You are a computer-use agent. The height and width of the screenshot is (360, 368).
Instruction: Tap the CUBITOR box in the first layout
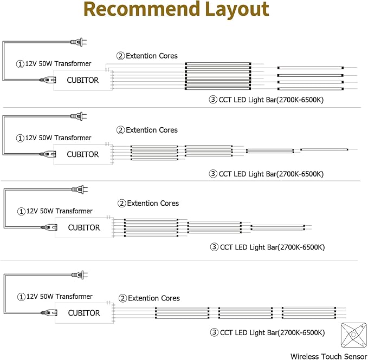pyautogui.click(x=83, y=80)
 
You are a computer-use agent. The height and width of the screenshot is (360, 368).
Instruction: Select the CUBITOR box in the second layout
pyautogui.click(x=83, y=154)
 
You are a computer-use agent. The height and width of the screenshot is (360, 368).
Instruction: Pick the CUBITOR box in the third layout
pyautogui.click(x=84, y=228)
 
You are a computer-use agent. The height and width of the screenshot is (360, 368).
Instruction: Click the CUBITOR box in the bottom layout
pyautogui.click(x=84, y=313)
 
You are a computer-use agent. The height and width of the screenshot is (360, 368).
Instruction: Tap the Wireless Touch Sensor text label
pyautogui.click(x=328, y=356)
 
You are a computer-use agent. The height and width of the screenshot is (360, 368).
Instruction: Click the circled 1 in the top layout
pyautogui.click(x=21, y=64)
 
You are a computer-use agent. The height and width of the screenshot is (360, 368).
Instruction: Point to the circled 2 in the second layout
pyautogui.click(x=121, y=130)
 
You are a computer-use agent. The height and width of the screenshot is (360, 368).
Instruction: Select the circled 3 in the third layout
pyautogui.click(x=214, y=247)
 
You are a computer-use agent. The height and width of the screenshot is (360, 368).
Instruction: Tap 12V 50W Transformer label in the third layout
pyautogui.click(x=60, y=211)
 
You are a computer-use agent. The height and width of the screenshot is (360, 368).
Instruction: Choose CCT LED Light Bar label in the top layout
pyautogui.click(x=271, y=100)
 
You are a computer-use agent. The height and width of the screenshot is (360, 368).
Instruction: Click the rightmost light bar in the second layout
pyautogui.click(x=324, y=149)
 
